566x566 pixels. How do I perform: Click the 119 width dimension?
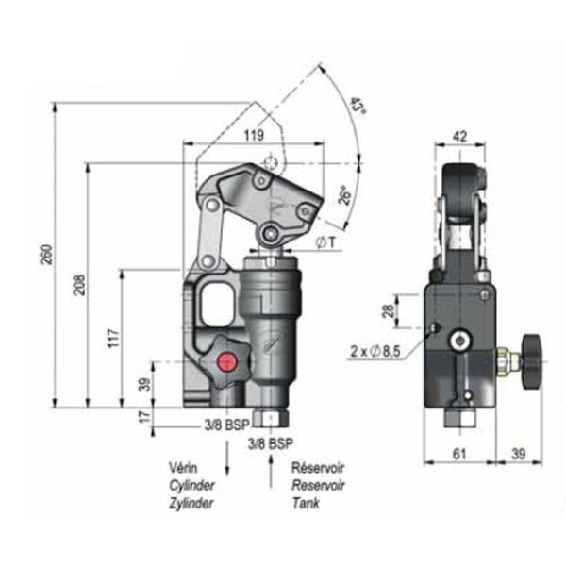253,135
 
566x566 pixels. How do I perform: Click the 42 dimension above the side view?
460,135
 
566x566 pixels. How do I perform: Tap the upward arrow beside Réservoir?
273,462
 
